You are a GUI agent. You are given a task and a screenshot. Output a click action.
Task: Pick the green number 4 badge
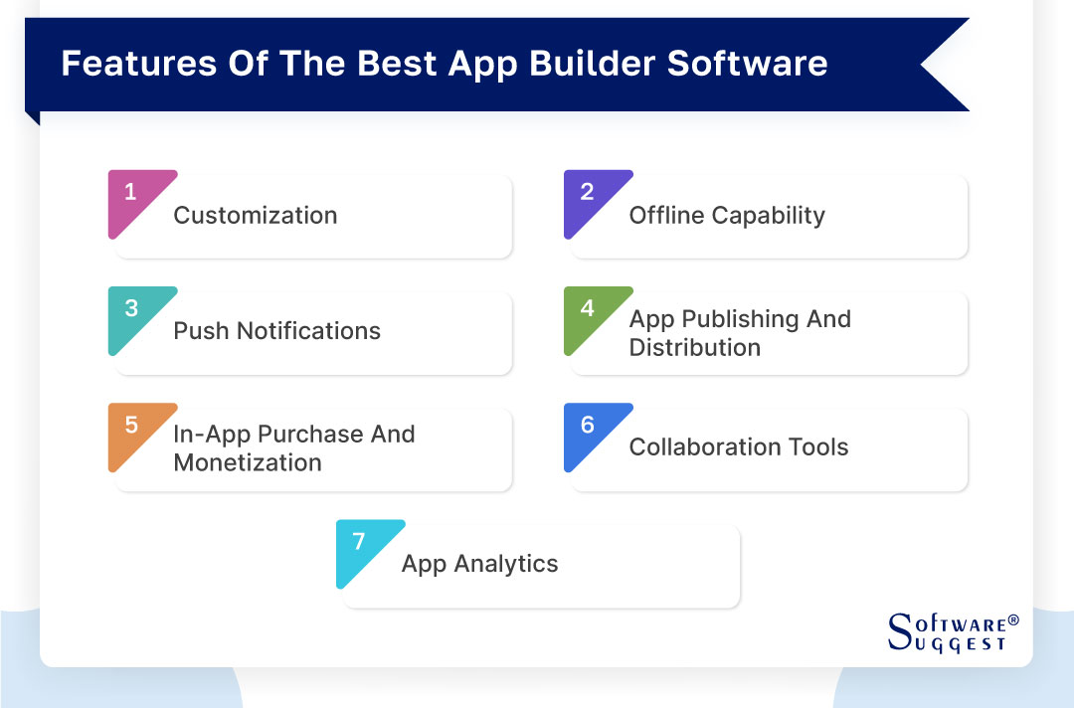point(588,310)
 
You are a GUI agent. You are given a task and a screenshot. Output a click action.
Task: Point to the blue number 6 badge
point(588,426)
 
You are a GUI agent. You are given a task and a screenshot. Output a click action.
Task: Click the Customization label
point(256,216)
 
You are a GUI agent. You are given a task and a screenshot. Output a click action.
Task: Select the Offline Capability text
point(727,216)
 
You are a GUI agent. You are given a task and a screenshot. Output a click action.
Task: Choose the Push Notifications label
point(276,331)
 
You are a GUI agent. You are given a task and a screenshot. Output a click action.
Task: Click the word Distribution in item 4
point(694,348)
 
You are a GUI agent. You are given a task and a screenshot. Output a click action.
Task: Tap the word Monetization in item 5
point(248,462)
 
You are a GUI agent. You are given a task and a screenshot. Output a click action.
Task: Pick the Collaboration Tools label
point(739,446)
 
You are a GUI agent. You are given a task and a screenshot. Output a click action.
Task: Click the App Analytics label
point(479,564)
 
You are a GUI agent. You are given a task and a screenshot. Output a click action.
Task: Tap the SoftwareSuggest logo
point(951,632)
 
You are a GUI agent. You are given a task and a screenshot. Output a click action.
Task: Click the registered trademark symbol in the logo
point(1013,619)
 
